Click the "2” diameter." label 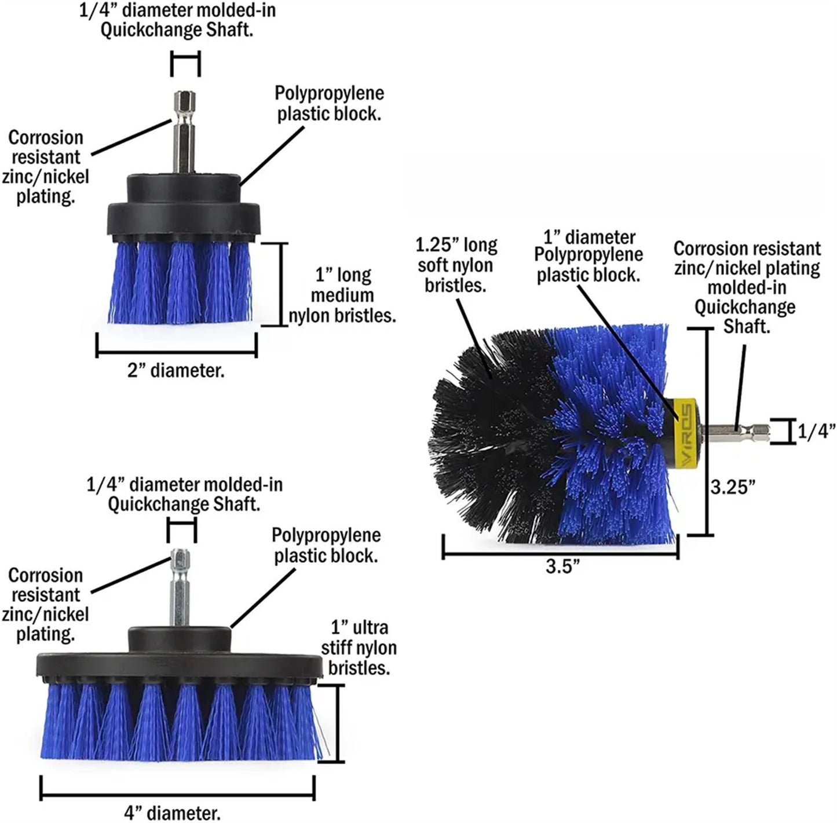tap(176, 371)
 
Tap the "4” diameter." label tap(173, 813)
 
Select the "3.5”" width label tap(562, 566)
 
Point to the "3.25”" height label tap(733, 487)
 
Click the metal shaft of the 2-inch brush tap(185, 133)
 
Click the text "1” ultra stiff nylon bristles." tap(359, 648)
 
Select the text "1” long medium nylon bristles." tap(343, 295)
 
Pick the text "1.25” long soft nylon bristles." tap(456, 265)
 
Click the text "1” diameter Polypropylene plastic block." tap(589, 256)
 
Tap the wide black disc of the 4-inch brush tap(180, 666)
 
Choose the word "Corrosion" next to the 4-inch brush tap(46, 576)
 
